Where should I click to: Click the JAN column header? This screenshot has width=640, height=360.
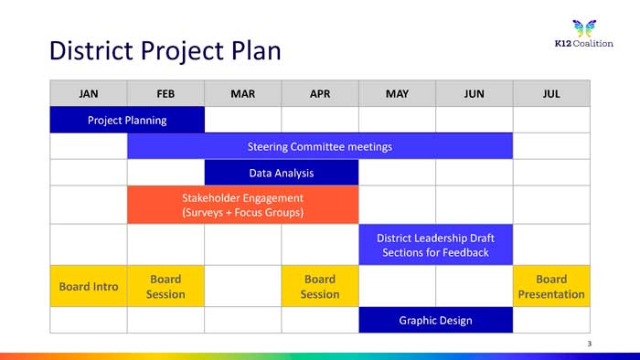tap(89, 93)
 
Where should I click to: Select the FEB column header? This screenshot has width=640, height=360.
tap(165, 93)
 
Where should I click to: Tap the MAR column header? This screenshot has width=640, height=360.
tap(243, 93)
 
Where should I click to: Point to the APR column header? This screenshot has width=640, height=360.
tap(320, 93)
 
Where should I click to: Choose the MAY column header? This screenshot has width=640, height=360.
tap(397, 93)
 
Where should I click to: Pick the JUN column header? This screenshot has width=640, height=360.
tap(475, 93)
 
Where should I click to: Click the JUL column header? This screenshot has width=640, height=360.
tap(551, 93)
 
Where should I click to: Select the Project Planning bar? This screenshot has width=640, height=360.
tap(127, 120)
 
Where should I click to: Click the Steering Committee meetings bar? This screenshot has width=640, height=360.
tap(320, 146)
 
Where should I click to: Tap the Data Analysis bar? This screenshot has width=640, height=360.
tap(282, 173)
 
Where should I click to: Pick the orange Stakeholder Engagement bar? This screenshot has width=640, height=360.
tap(243, 205)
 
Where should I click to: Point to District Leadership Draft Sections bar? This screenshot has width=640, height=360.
tap(435, 245)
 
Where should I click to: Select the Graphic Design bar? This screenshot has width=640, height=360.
tap(435, 320)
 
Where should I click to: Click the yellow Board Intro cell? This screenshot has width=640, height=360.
tap(89, 286)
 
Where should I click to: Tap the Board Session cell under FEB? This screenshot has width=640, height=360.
tap(165, 286)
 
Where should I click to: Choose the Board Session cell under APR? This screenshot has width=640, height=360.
tap(320, 286)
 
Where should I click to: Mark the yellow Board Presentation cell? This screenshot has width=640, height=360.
tap(551, 286)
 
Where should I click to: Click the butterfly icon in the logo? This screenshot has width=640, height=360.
tap(584, 28)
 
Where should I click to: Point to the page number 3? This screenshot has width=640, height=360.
tap(590, 344)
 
